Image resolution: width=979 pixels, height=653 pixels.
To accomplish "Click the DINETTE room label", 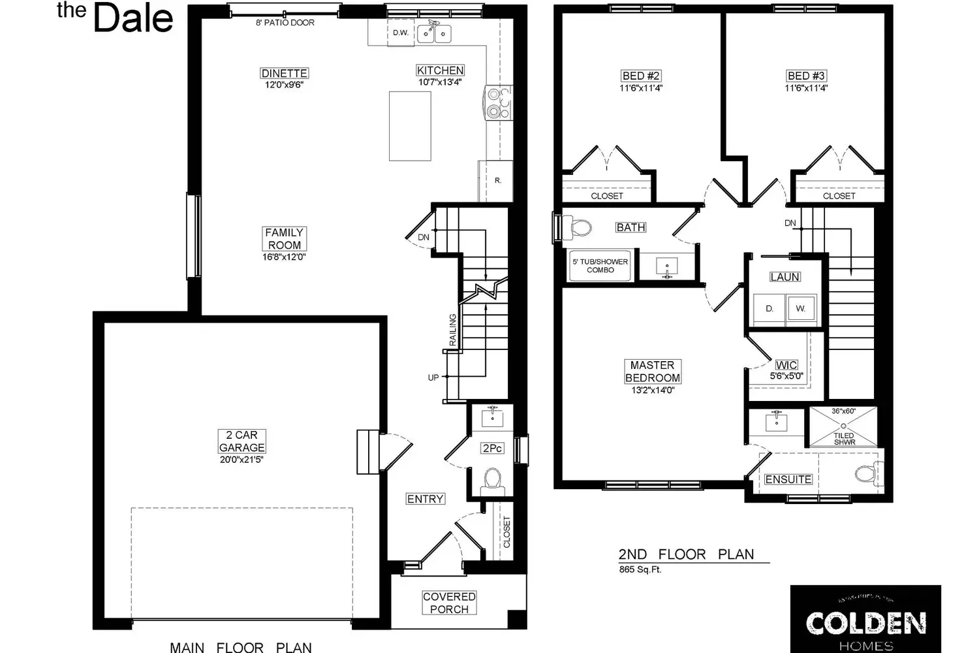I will (284, 73).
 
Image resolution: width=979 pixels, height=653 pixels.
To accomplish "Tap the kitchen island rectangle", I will (410, 126).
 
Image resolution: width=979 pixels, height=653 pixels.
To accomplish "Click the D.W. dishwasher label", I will (400, 33).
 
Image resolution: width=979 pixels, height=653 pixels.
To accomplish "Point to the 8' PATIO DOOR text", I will (285, 22).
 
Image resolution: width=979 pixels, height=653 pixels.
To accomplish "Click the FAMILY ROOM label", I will (284, 238).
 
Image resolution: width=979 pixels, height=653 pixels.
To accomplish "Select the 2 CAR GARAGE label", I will (241, 441).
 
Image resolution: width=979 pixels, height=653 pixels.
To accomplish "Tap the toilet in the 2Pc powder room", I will (491, 482).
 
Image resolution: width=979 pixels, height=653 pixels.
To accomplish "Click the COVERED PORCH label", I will (449, 603).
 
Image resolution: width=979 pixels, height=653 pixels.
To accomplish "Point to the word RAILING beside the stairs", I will (452, 330).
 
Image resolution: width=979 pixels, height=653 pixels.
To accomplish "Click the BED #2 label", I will (641, 76).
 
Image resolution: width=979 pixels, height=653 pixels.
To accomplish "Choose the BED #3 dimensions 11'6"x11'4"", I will (806, 88).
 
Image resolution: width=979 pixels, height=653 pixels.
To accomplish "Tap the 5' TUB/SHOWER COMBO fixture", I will (600, 266).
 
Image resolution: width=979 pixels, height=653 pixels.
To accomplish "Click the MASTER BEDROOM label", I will (652, 372).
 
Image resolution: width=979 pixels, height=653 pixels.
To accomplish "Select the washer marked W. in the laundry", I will (800, 308).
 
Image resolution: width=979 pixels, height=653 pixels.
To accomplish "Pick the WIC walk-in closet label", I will (786, 365).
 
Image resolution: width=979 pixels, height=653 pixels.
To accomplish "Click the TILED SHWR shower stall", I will (843, 428).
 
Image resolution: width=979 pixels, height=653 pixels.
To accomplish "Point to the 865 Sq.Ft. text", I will (640, 569).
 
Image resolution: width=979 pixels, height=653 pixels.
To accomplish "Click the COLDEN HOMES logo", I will (865, 624).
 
